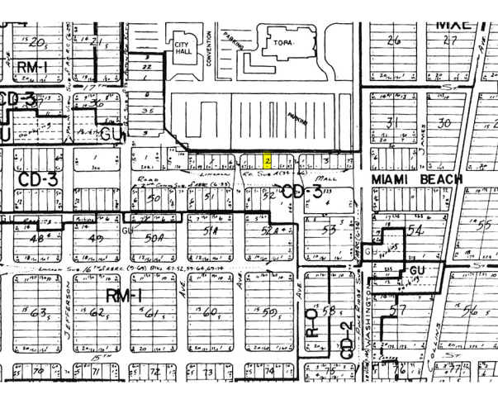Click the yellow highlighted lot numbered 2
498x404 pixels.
[x=268, y=159]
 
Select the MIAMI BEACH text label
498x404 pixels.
[x=406, y=178]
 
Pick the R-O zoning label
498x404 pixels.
[x=312, y=321]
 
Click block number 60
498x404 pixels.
[x=209, y=312]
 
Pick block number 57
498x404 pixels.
[x=399, y=311]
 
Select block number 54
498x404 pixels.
[x=415, y=230]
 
